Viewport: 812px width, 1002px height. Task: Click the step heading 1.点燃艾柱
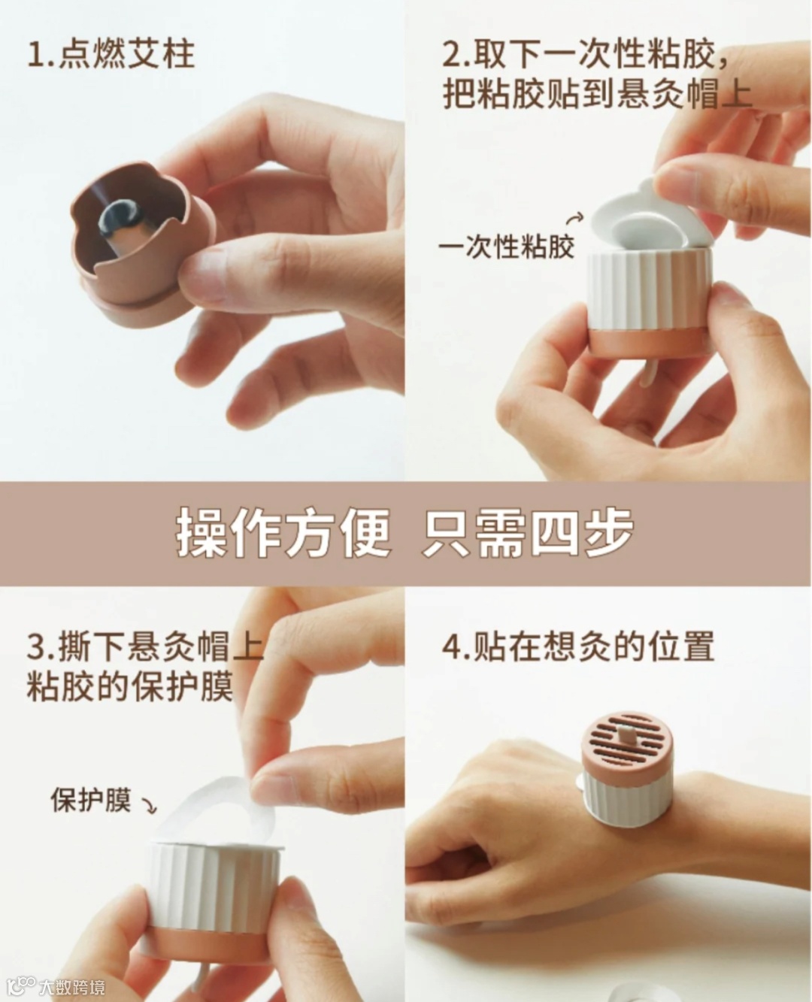(x=111, y=55)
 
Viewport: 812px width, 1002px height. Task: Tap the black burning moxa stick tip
(x=121, y=216)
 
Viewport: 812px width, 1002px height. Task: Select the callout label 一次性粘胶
(x=507, y=247)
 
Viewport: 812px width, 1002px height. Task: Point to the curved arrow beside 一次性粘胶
(x=576, y=218)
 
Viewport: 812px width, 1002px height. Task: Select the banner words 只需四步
(x=528, y=534)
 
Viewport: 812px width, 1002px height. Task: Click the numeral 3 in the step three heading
(x=36, y=647)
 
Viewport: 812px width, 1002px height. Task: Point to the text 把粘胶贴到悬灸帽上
(x=596, y=95)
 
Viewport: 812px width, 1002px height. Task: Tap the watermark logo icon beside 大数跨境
(x=21, y=986)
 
